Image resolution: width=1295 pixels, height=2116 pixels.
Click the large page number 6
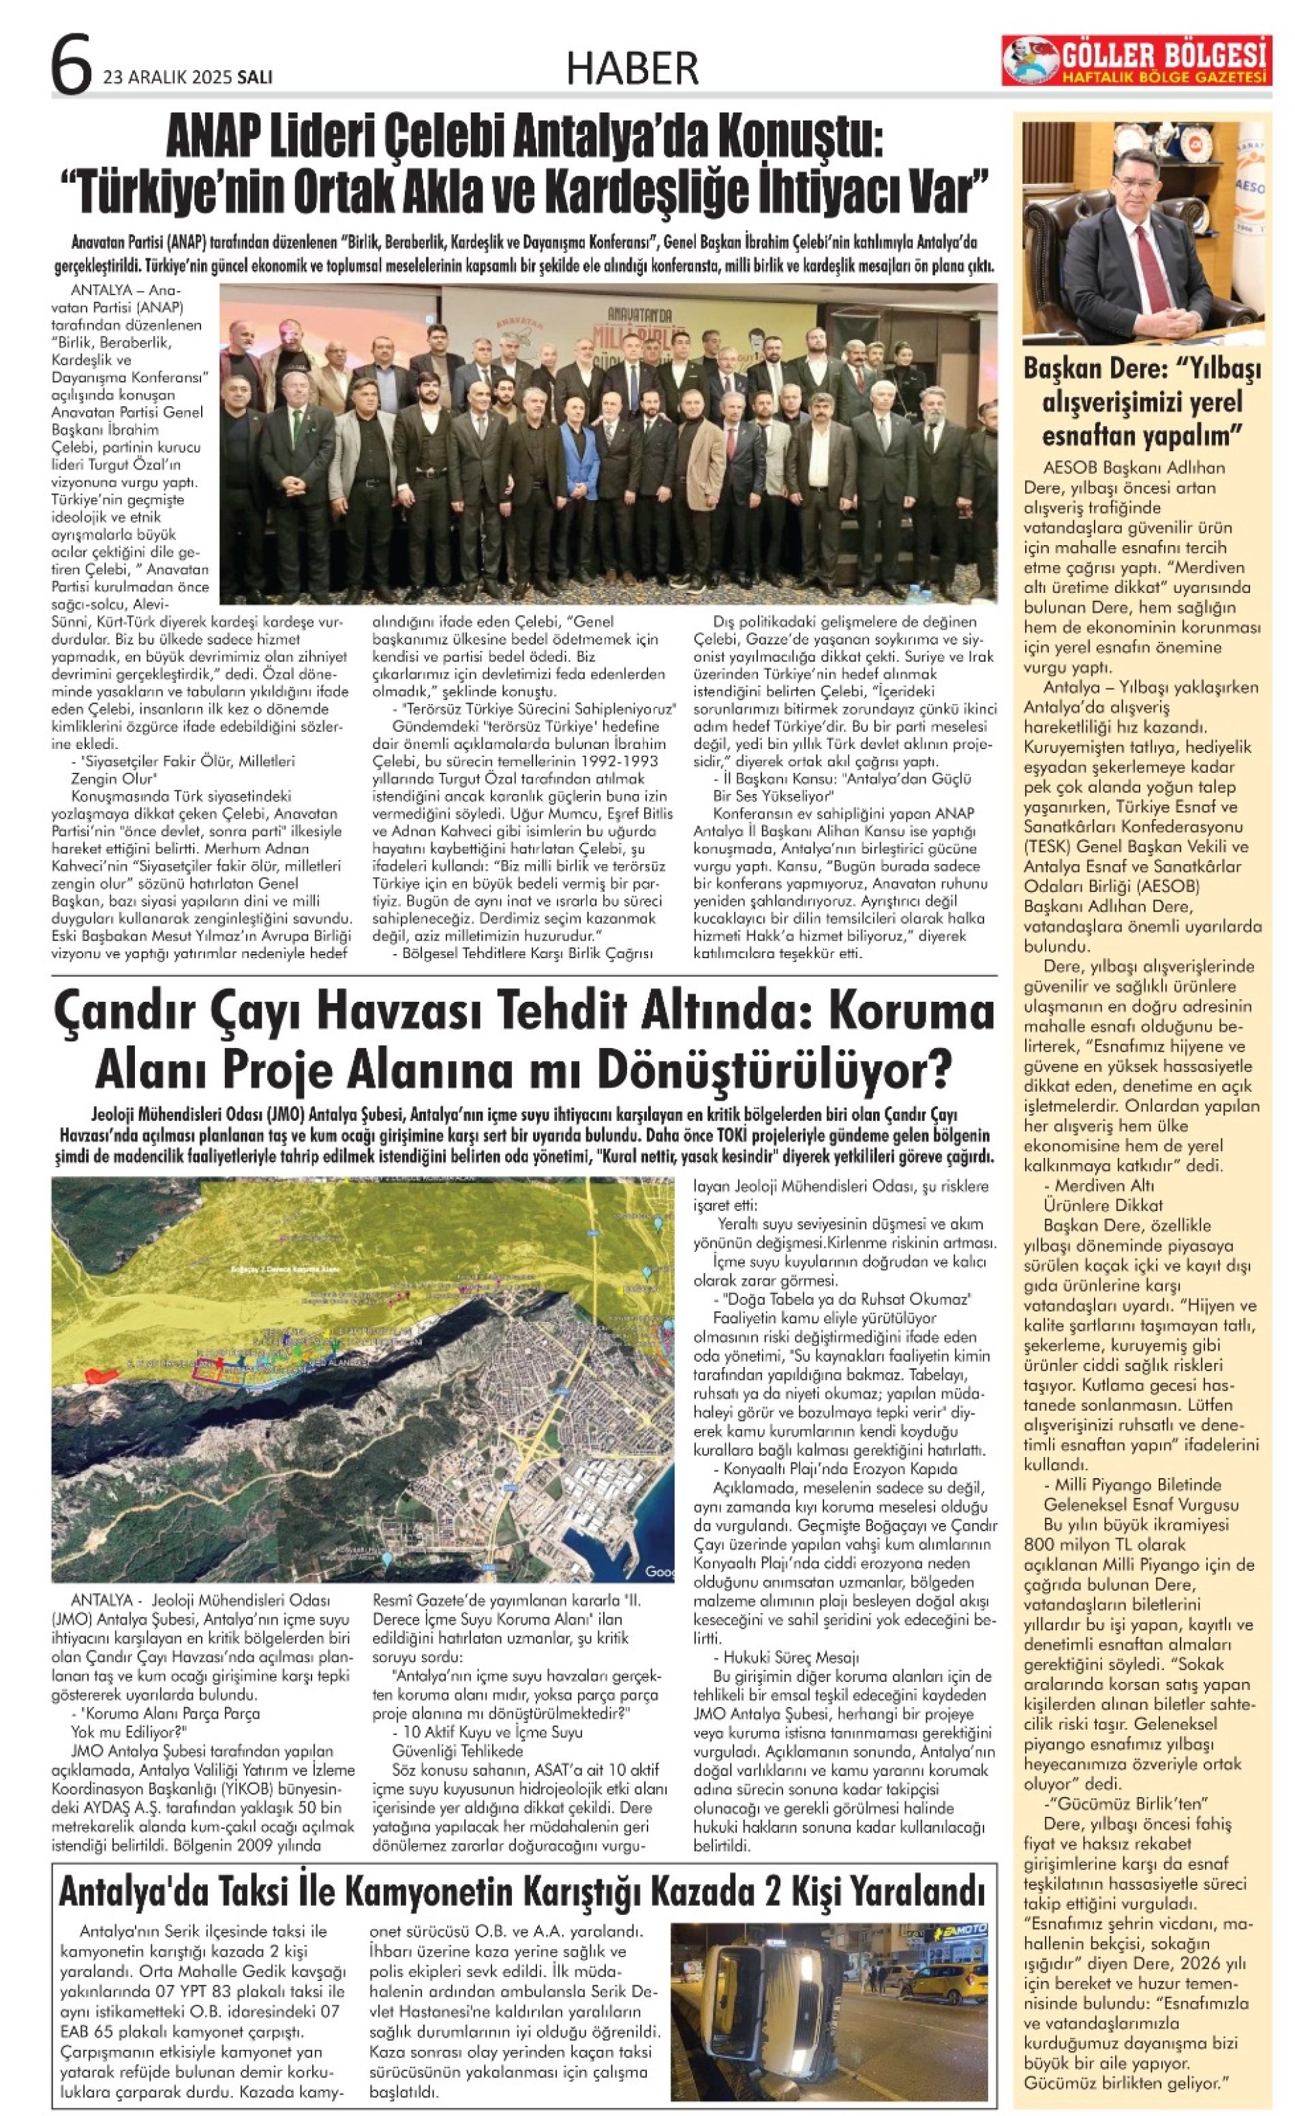(x=72, y=65)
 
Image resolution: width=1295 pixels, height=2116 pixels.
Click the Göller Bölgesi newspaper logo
(x=1134, y=61)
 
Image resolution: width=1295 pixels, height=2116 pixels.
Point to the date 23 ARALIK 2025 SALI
(x=187, y=77)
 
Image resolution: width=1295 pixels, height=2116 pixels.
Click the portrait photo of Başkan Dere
(x=1142, y=232)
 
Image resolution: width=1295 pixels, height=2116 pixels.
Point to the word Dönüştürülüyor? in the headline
(x=774, y=1069)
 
